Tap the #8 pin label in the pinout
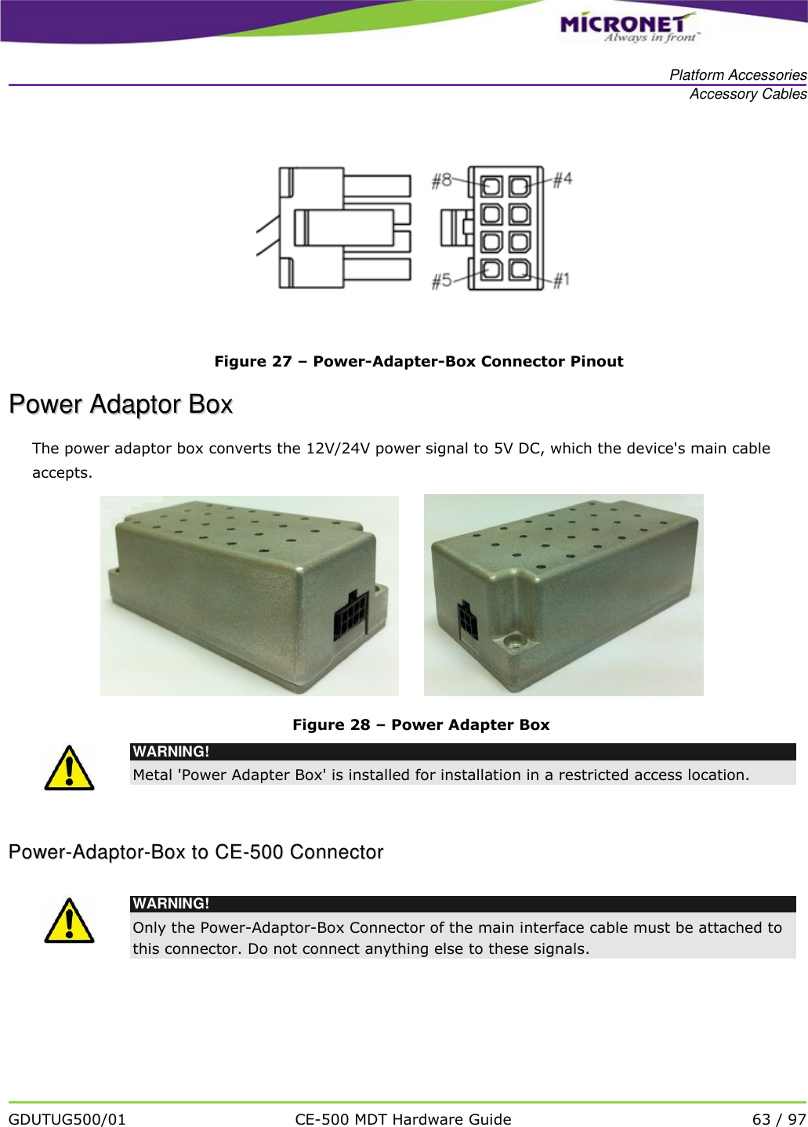click(x=442, y=180)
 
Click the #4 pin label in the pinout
click(x=563, y=179)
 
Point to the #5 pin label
click(x=442, y=280)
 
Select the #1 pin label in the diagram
click(x=561, y=280)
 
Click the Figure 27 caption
click(x=418, y=361)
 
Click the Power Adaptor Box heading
click(x=121, y=404)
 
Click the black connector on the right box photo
click(x=467, y=622)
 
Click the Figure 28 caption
click(x=421, y=724)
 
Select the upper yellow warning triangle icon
click(x=69, y=768)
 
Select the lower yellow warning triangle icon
click(x=69, y=921)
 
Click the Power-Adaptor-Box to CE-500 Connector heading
click(x=196, y=852)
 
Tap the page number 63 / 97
click(x=778, y=1119)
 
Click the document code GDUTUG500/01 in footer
click(x=67, y=1119)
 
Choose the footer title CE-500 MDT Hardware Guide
click(x=403, y=1119)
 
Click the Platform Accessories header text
click(x=737, y=75)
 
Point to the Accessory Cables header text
click(x=748, y=94)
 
